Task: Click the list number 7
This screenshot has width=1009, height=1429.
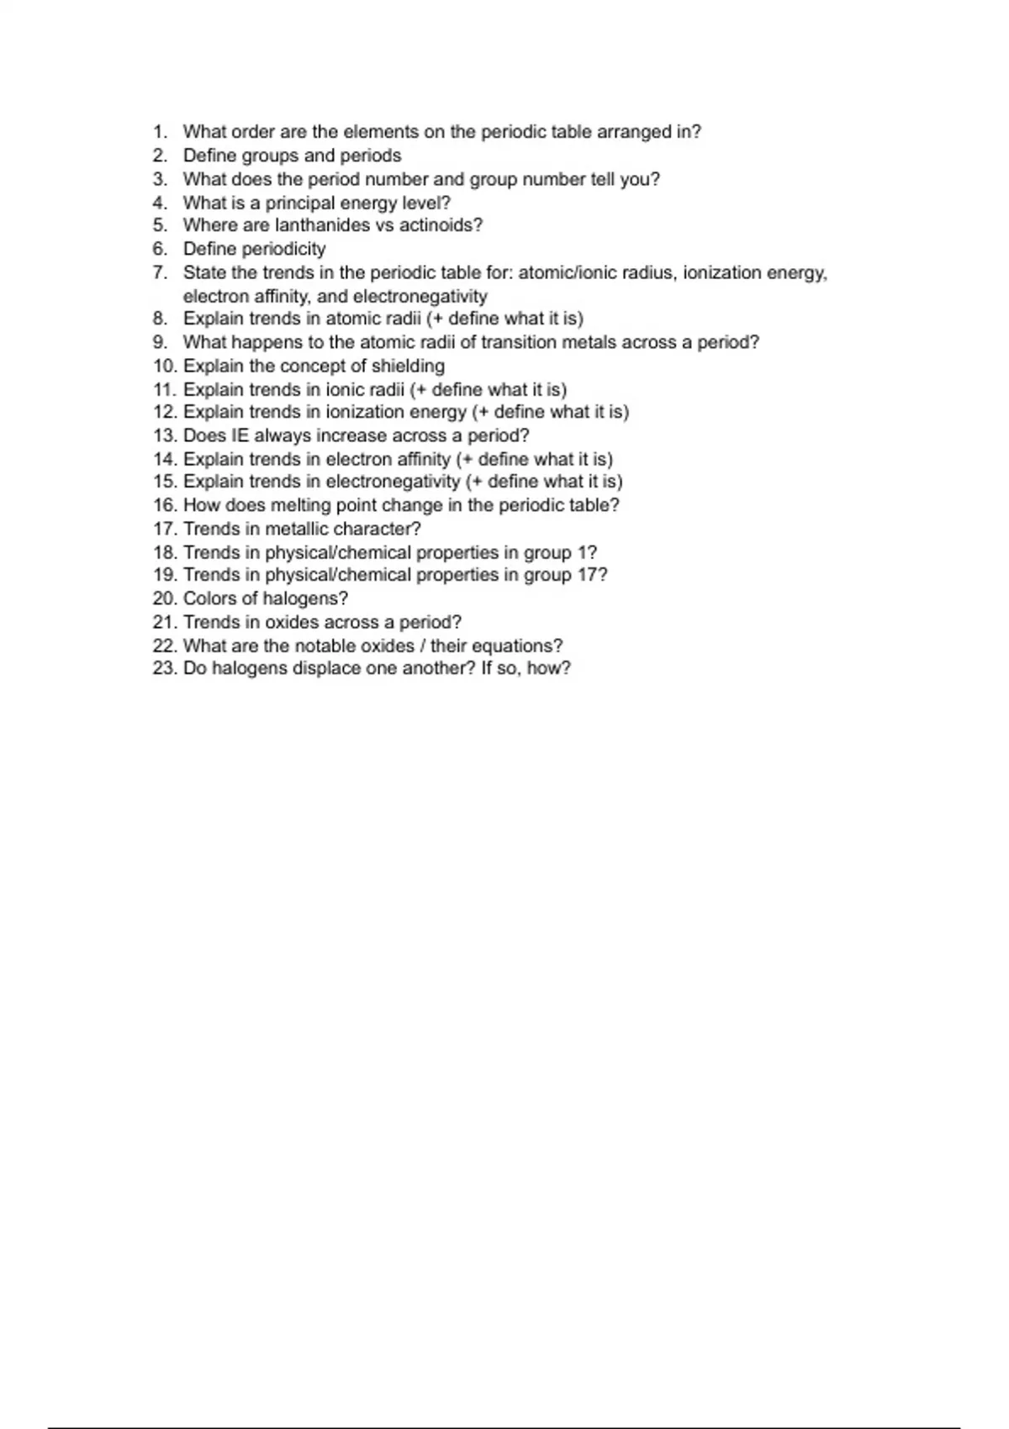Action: point(161,272)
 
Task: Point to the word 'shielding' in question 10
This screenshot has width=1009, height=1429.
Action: point(408,366)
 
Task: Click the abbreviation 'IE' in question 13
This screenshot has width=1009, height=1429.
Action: point(240,435)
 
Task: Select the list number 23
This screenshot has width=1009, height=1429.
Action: point(164,669)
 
